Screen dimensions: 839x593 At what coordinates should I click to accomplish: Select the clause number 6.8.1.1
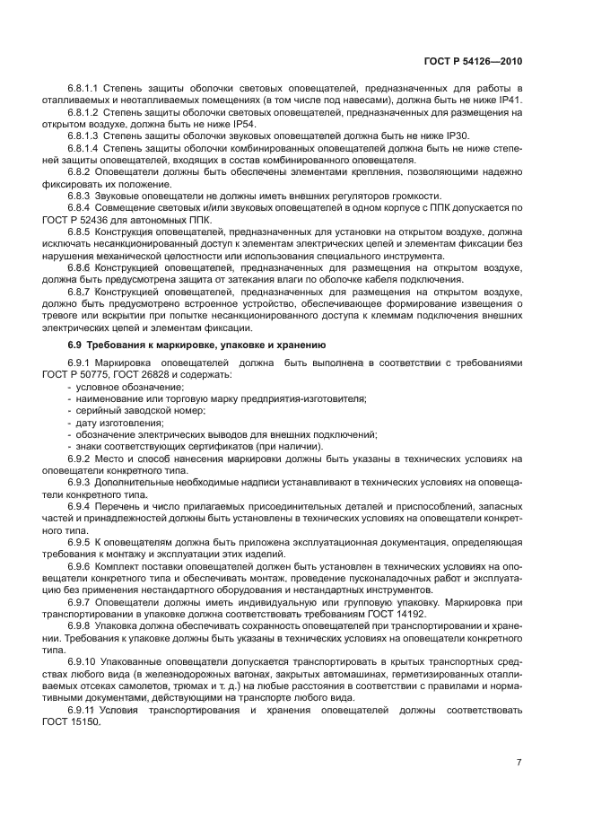point(83,88)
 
